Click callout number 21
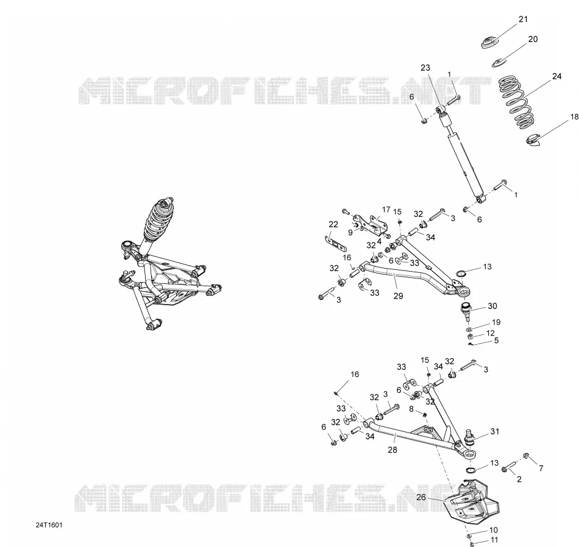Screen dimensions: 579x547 click(x=524, y=19)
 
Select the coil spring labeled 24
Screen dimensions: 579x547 click(x=516, y=102)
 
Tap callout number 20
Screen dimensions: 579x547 click(x=533, y=39)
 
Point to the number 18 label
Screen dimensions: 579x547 click(x=574, y=117)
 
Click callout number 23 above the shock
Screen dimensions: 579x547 click(x=425, y=68)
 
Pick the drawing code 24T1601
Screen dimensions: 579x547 click(x=49, y=525)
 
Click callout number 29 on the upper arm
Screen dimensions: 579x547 click(x=398, y=296)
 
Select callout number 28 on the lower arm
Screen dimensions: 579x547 click(x=393, y=450)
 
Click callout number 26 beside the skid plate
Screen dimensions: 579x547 click(x=421, y=498)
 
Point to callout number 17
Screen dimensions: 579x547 click(x=386, y=210)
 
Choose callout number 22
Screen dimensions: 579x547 click(x=333, y=224)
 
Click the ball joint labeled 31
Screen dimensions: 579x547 click(x=469, y=436)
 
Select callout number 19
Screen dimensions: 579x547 click(x=496, y=322)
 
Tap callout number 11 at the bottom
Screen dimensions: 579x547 click(x=495, y=540)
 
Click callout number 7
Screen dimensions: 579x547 click(x=541, y=468)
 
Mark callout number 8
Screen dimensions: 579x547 click(x=411, y=409)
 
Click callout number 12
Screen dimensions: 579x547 click(x=490, y=333)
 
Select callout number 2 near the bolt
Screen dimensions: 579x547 click(x=519, y=479)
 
